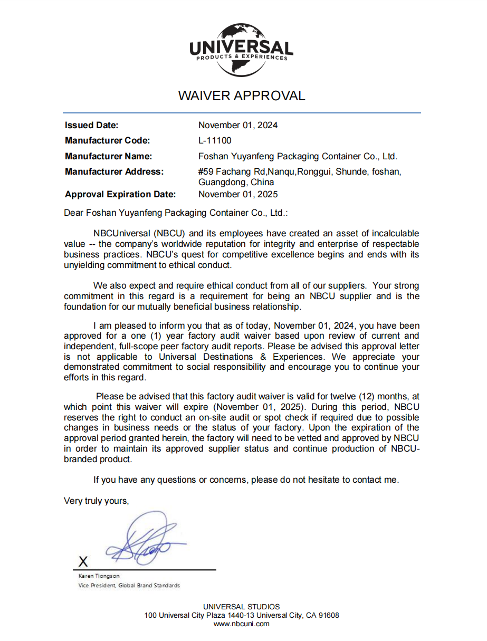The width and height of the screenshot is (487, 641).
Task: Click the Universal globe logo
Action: pos(241,50)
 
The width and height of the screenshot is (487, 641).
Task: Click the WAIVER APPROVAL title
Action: pos(242,96)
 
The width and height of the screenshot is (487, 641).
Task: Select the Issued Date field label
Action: pos(91,126)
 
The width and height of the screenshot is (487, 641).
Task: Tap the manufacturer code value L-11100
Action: pos(215,141)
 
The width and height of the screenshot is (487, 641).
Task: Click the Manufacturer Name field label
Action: pos(108,157)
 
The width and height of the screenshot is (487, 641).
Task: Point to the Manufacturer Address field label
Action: pos(114,172)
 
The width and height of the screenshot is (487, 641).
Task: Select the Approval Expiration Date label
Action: pos(120,195)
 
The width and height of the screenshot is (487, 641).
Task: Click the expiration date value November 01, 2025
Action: pos(238,195)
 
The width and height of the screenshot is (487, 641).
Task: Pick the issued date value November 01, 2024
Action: pos(238,126)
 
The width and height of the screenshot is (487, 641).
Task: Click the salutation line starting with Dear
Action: pos(176,213)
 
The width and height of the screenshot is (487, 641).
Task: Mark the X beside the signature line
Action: pos(83,561)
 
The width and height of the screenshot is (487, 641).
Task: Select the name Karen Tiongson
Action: pos(99,576)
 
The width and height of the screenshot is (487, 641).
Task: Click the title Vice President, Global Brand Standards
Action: pos(129,586)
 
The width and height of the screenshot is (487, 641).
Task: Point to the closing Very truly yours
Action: pos(96,501)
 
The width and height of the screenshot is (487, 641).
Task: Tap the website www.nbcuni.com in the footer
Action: pos(242,624)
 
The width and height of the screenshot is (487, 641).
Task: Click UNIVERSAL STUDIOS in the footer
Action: pos(242,607)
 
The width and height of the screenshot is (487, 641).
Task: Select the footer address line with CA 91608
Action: pos(242,615)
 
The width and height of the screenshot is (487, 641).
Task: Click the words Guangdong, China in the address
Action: pos(236,183)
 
